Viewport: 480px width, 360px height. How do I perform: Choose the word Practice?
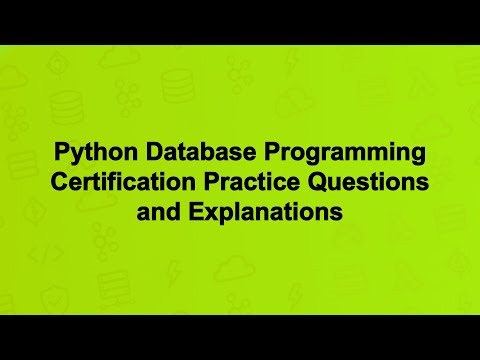tap(256, 184)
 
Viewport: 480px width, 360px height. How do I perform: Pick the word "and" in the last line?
tap(154, 213)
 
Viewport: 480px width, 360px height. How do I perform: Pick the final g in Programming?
tap(417, 157)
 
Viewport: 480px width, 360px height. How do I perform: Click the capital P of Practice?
tap(220, 184)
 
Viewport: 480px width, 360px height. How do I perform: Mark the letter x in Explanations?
tap(201, 213)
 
